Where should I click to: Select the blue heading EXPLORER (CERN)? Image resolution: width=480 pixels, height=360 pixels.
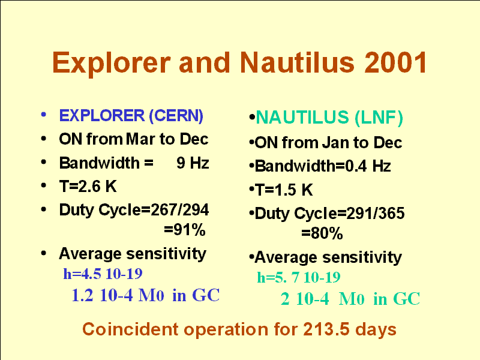(x=131, y=116)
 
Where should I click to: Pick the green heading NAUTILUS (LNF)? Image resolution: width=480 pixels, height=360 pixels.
(x=329, y=118)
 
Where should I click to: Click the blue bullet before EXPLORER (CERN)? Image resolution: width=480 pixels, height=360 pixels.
(x=43, y=115)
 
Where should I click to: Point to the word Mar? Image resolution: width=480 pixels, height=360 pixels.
(x=140, y=139)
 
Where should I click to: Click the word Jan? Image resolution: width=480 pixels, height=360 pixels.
(x=336, y=143)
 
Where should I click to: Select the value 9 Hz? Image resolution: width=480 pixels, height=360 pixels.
(x=193, y=163)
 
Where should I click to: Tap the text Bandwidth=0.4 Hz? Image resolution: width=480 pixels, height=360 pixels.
(x=323, y=166)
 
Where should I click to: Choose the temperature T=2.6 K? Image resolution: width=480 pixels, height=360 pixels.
(x=88, y=187)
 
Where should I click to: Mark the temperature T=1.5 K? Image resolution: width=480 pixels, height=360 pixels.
(x=284, y=190)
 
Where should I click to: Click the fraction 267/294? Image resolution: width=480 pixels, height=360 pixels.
(x=179, y=210)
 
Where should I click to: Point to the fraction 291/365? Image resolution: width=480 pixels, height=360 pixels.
(x=376, y=214)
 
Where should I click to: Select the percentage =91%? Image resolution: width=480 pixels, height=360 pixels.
(x=185, y=230)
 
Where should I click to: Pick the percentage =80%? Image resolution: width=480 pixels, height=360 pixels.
(x=322, y=233)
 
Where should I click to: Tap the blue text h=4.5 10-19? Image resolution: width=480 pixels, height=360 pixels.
(x=103, y=274)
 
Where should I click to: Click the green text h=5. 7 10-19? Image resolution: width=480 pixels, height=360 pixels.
(x=299, y=277)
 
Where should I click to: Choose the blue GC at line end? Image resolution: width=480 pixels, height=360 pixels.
(x=206, y=295)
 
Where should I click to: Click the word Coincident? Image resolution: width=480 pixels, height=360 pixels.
(x=131, y=329)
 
